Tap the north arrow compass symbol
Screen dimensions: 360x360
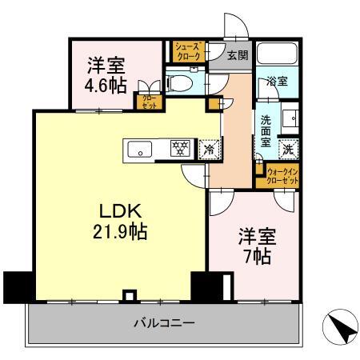[337, 327]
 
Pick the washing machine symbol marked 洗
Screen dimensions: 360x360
[289, 147]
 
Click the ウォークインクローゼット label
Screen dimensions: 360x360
[283, 177]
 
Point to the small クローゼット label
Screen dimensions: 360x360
[150, 102]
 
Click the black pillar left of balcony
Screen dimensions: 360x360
[16, 284]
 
